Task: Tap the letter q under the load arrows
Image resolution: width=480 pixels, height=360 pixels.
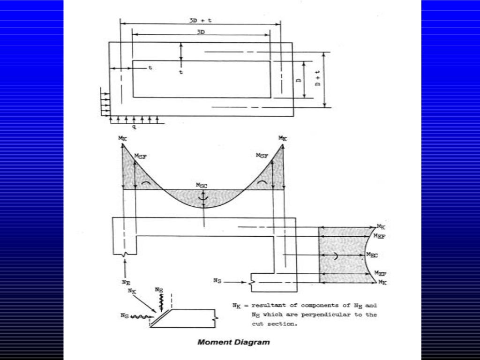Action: coord(134,127)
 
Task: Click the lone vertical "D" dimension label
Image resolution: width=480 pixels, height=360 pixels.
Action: coord(298,80)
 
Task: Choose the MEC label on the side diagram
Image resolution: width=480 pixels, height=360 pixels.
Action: coord(372,255)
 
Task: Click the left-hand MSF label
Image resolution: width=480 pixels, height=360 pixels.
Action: coord(140,156)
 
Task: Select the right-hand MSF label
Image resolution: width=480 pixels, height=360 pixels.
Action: coord(262,155)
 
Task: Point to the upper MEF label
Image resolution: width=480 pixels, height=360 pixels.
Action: coord(380,237)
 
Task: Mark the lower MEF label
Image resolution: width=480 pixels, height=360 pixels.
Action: coord(380,273)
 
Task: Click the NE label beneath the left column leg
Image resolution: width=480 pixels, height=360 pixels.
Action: coord(125,282)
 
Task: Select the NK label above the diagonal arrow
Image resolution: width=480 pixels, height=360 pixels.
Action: coord(133,291)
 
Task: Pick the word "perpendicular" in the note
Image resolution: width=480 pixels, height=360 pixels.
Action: coord(325,315)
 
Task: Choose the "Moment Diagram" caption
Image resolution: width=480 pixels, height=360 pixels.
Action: coord(233,342)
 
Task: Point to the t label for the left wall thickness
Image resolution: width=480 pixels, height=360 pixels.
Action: coord(150,67)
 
